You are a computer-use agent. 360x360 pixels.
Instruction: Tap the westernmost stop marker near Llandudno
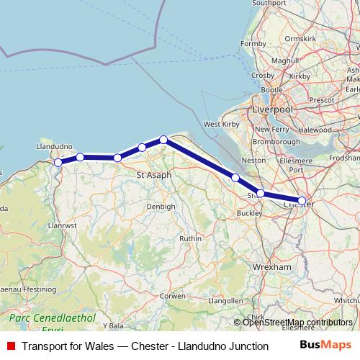(x=58, y=163)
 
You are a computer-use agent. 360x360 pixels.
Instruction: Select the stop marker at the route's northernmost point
(x=163, y=140)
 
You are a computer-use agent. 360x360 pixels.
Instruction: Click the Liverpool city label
(x=272, y=109)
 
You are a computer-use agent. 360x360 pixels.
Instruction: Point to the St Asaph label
(x=153, y=175)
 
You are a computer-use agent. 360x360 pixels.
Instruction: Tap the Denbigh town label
(x=161, y=207)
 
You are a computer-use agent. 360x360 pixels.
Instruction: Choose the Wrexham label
(x=271, y=267)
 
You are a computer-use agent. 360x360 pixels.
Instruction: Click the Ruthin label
(x=190, y=238)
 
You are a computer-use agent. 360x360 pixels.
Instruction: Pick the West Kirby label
(x=221, y=125)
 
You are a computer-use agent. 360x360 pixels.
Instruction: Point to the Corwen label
(x=173, y=296)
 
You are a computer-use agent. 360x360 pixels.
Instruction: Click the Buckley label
(x=249, y=214)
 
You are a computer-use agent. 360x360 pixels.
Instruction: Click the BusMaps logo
(x=325, y=346)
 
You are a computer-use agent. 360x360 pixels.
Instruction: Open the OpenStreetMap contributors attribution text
(x=297, y=323)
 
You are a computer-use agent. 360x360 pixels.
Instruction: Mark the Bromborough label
(x=276, y=141)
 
